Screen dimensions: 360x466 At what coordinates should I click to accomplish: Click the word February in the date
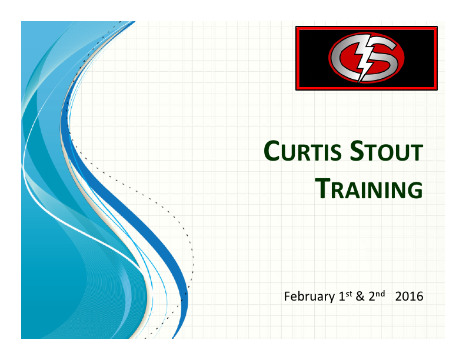click(x=309, y=296)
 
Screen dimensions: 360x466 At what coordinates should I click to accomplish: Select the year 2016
click(x=410, y=296)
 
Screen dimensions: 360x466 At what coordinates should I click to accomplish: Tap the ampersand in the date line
click(x=360, y=296)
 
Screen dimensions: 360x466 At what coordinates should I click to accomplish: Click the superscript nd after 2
click(x=380, y=293)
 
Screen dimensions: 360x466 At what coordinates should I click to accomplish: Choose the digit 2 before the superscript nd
click(x=371, y=296)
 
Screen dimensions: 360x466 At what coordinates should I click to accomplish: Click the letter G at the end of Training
click(x=415, y=189)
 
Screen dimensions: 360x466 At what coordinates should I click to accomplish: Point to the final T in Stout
click(x=416, y=154)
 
